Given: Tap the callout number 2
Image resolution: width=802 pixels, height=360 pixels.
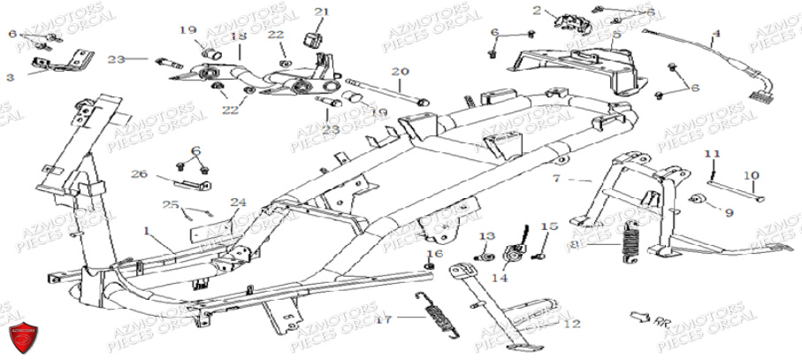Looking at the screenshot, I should click(536, 11).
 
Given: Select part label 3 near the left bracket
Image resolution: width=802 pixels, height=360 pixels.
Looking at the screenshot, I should click(10, 78).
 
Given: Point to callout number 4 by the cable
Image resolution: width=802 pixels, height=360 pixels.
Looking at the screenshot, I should click(716, 34).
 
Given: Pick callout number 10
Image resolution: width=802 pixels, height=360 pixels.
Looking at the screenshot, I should click(751, 175).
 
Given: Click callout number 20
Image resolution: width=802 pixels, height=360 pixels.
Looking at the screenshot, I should click(400, 71).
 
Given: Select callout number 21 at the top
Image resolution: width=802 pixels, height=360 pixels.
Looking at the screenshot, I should click(320, 11).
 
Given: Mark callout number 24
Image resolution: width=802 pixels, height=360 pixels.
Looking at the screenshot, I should click(238, 202).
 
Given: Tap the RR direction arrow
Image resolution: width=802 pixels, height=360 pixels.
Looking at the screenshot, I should click(641, 316).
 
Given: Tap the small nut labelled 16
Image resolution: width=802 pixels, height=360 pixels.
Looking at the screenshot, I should click(431, 266).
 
